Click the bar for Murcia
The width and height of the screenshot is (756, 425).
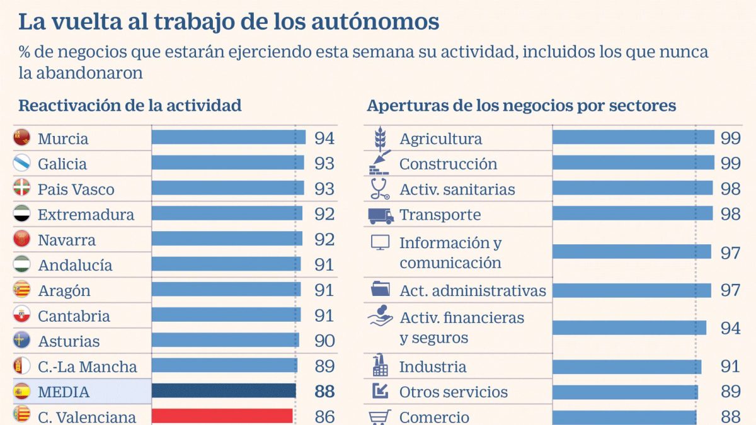tap(228, 138)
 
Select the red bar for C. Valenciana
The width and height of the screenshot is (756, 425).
tap(222, 416)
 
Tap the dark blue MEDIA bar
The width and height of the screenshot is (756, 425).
tap(224, 391)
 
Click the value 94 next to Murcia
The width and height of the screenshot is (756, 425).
tap(324, 139)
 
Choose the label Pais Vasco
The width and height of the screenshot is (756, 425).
tap(76, 190)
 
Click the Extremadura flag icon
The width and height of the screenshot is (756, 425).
tap(22, 214)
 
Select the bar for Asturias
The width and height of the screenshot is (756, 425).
tap(225, 341)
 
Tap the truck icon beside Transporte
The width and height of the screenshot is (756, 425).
tap(381, 215)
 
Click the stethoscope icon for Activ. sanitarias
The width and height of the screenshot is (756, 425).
tap(380, 189)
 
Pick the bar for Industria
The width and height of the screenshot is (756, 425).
tap(627, 366)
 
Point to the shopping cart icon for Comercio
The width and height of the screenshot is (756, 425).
tap(380, 417)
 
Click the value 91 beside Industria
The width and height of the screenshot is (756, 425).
tap(731, 366)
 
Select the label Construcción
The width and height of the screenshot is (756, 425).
tap(448, 164)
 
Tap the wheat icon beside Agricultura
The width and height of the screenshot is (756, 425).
tap(380, 137)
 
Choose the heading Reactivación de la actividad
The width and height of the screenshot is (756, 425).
tap(130, 105)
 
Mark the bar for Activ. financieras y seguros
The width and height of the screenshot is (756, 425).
tap(629, 327)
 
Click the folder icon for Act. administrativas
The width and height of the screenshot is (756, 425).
tap(380, 290)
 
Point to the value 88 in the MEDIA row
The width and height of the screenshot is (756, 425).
tap(324, 392)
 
